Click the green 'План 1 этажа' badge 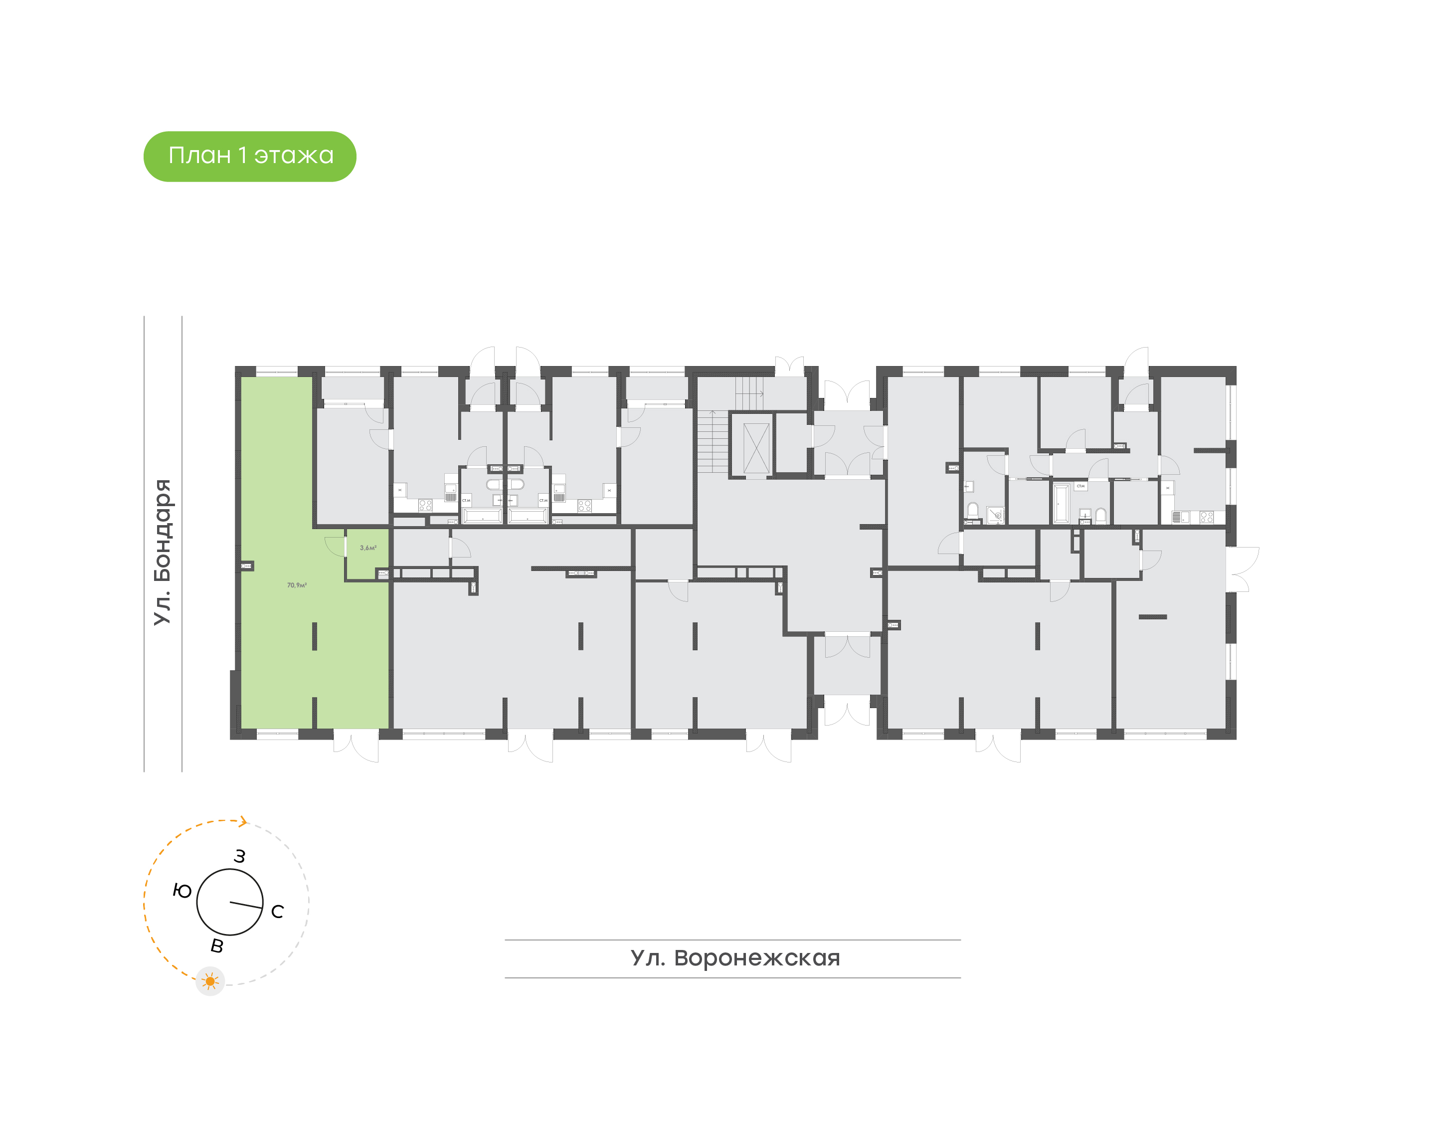pos(249,157)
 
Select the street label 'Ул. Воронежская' pos(735,957)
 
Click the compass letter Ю pos(182,891)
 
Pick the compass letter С pos(278,911)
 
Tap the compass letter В pos(217,946)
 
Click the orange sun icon pos(210,981)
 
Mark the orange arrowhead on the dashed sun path pos(243,821)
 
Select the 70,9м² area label pos(297,585)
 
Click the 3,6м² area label pos(368,548)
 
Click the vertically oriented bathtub pos(1062,504)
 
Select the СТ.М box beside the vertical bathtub pos(1080,486)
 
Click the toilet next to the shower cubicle pos(972,511)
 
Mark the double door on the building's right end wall pos(1242,569)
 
